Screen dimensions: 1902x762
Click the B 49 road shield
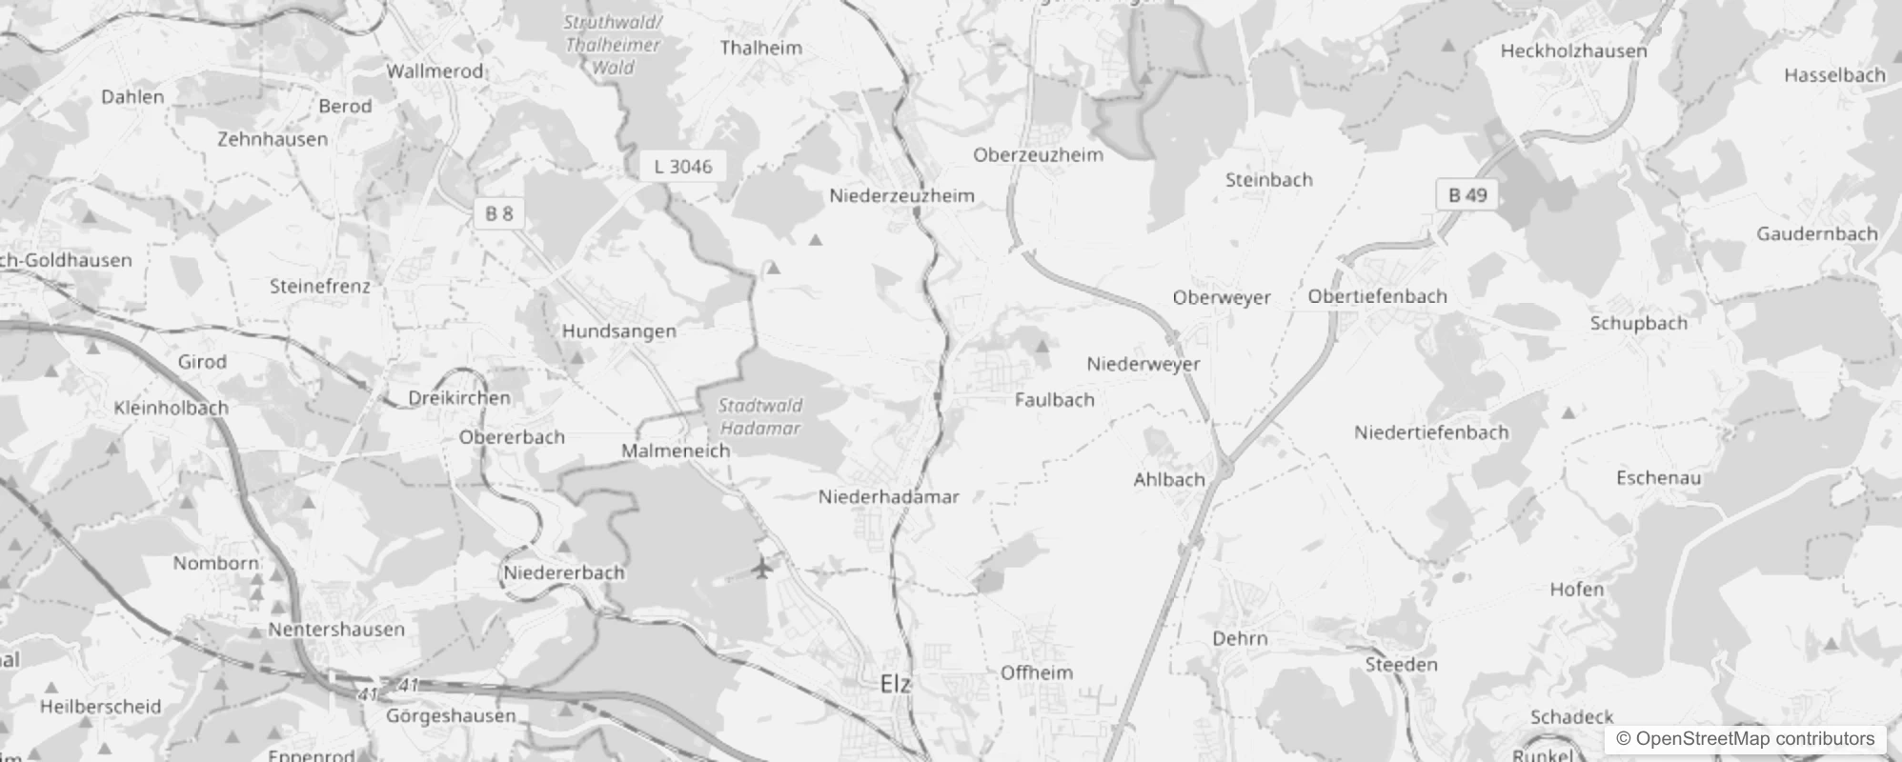tap(1467, 195)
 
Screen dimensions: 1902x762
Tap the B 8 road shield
tap(498, 213)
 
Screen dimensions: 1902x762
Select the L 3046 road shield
tap(682, 167)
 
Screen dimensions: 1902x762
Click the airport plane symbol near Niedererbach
tap(761, 569)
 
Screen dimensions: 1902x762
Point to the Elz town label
tap(895, 683)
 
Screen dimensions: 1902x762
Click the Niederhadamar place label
tap(888, 496)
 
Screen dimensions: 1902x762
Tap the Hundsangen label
tap(618, 331)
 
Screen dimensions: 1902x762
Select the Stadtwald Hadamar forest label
tap(759, 417)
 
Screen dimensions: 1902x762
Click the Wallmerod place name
tap(435, 70)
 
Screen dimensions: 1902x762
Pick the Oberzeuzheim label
tap(1038, 154)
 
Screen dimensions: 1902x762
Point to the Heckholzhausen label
tap(1573, 51)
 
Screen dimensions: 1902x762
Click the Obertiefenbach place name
tap(1377, 296)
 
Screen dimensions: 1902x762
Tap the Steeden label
tap(1401, 664)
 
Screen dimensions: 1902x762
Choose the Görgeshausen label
tap(451, 715)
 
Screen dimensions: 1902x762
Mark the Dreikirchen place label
tap(459, 398)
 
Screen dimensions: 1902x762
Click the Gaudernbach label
tap(1816, 233)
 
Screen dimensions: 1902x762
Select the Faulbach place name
tap(1054, 400)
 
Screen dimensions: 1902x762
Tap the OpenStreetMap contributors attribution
tap(1745, 739)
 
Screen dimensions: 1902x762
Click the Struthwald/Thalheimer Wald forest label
tap(613, 45)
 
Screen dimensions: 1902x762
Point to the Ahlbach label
tap(1168, 479)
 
